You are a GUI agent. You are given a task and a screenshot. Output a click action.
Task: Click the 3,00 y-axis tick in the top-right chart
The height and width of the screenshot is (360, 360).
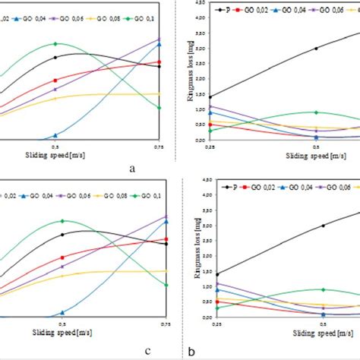point(200,47)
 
